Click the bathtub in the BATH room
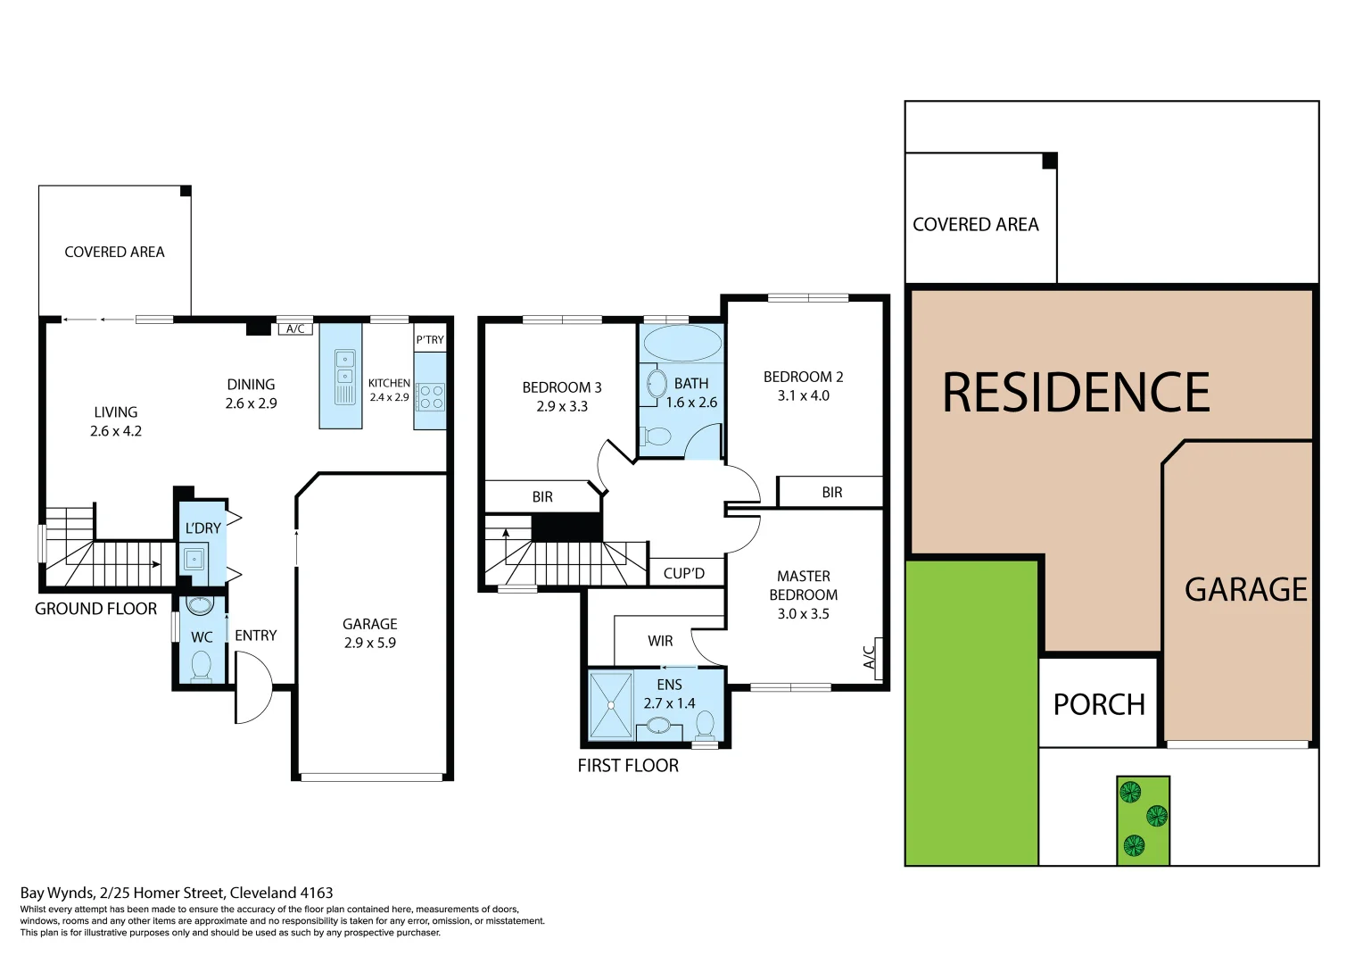tap(682, 343)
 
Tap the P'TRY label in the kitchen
tap(429, 340)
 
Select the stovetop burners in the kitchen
tap(431, 397)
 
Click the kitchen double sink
tap(344, 376)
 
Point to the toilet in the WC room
tap(202, 666)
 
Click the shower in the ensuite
tap(611, 705)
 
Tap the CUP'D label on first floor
tap(683, 574)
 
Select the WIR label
tap(660, 641)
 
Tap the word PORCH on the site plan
tap(1099, 704)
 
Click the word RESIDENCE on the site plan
tap(1076, 393)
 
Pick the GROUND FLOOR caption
tap(95, 609)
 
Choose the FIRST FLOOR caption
tap(628, 766)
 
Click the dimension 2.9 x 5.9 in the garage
tap(370, 643)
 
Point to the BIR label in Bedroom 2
tap(831, 493)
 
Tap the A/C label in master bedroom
tap(871, 656)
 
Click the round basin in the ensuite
tap(659, 725)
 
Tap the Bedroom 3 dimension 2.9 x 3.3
tap(562, 406)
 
